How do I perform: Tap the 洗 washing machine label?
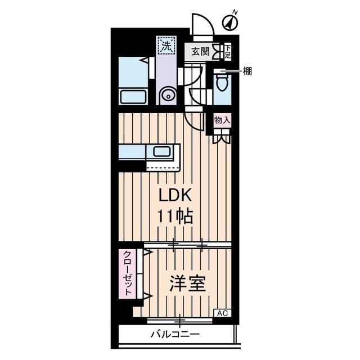[166, 47]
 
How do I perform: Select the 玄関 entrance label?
[200, 52]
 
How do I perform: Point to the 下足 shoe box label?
[228, 52]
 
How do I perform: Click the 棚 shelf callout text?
[247, 71]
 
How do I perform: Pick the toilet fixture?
[223, 85]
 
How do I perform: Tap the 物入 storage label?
[222, 120]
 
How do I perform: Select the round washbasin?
[167, 96]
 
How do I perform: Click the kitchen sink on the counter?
[164, 152]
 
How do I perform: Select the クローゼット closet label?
[128, 274]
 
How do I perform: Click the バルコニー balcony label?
[175, 334]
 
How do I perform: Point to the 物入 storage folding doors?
[222, 137]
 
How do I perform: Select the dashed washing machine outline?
[166, 47]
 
